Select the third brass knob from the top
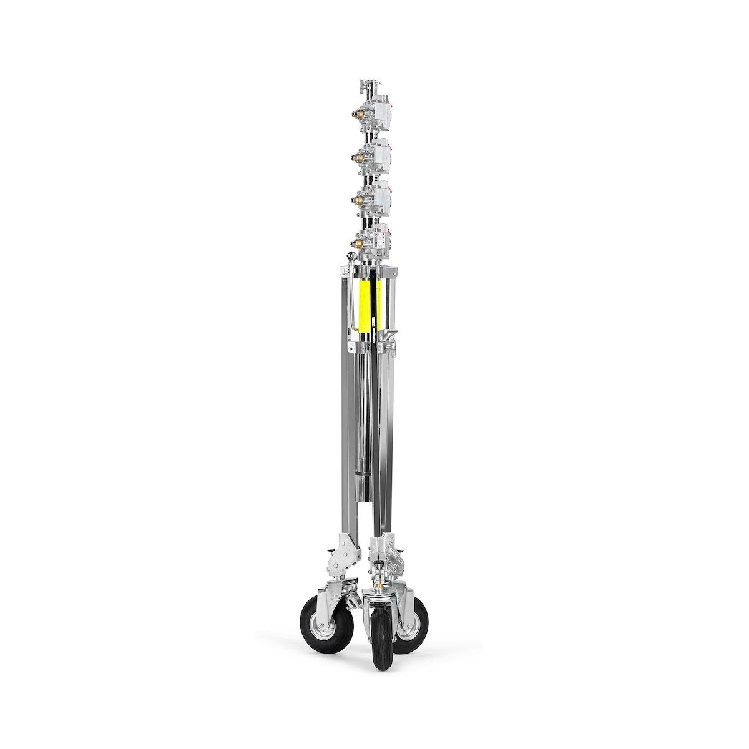tap(358, 198)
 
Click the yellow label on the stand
tap(362, 306)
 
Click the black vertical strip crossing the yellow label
tap(373, 306)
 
